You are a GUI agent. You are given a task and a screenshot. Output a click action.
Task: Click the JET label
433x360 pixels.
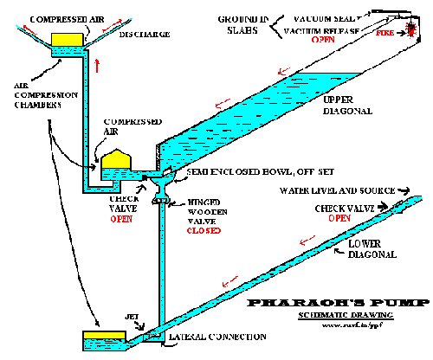pos(135,319)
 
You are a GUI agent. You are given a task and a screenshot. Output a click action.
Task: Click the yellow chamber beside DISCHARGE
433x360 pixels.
pos(65,39)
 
